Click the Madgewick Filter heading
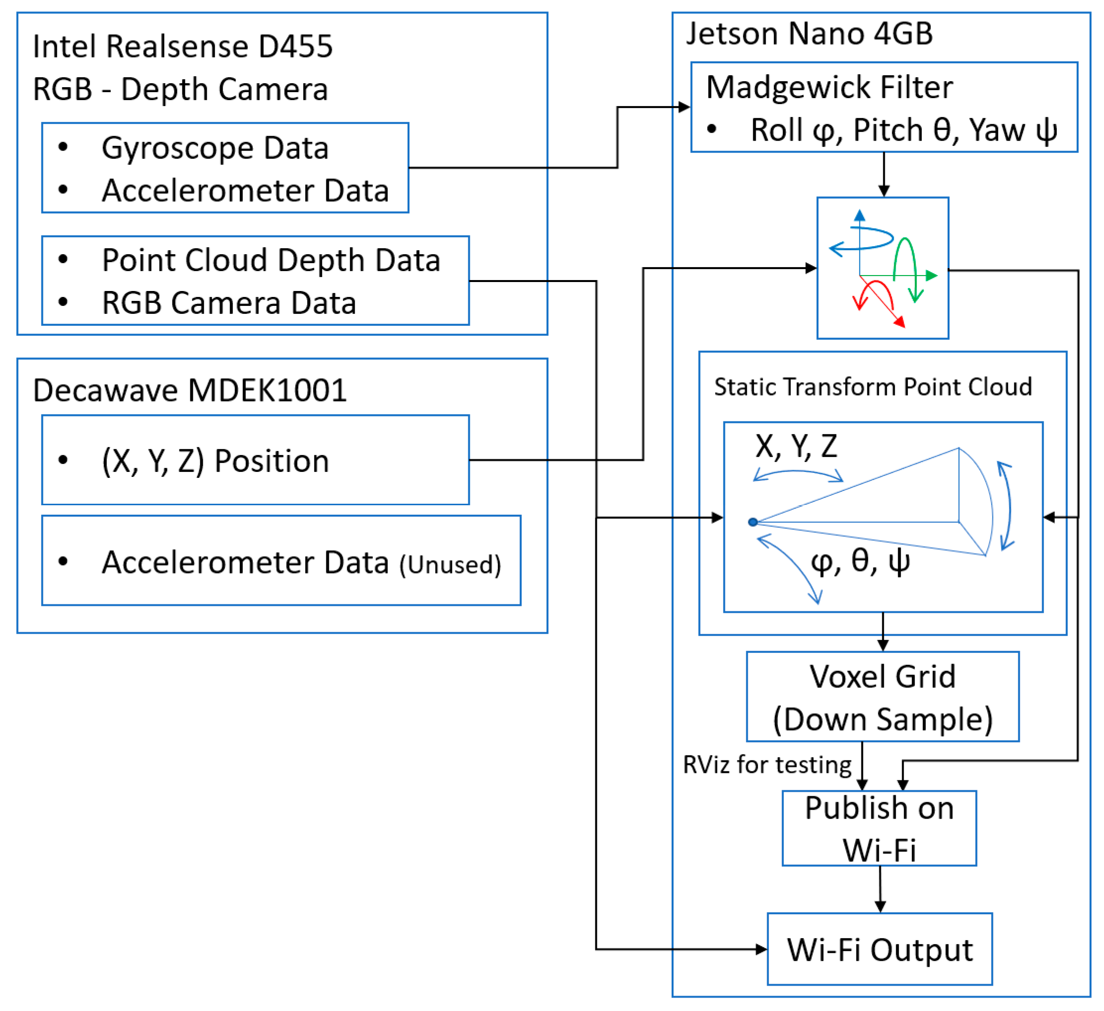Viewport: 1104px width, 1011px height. click(829, 88)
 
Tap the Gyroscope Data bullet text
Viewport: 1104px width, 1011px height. click(215, 148)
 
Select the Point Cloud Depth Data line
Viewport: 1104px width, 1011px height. click(271, 260)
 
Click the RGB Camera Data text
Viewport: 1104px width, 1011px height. click(229, 303)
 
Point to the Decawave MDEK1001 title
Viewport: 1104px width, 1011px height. click(189, 391)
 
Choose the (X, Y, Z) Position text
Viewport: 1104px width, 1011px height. click(215, 460)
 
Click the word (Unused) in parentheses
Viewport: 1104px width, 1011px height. click(450, 565)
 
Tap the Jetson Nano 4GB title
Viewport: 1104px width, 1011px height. click(810, 33)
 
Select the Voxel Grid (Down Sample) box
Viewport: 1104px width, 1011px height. click(882, 697)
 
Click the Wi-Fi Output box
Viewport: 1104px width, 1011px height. click(879, 949)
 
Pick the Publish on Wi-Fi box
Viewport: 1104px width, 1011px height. click(879, 828)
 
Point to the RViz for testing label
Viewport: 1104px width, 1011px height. click(767, 764)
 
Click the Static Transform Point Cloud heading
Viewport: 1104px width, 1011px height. click(873, 387)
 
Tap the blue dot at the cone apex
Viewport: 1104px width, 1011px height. click(753, 522)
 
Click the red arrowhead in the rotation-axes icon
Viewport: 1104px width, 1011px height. click(899, 322)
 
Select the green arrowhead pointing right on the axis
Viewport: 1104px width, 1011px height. click(932, 276)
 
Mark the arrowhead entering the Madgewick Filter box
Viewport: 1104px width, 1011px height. click(685, 107)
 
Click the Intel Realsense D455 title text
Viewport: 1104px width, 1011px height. click(182, 46)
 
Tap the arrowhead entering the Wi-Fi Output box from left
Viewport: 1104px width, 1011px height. click(761, 949)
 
